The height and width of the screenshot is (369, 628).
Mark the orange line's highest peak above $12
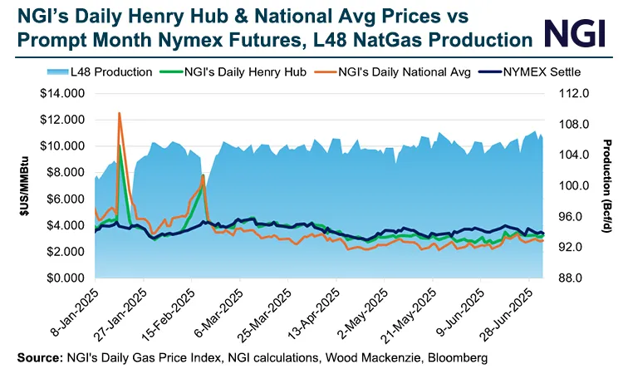tap(120, 113)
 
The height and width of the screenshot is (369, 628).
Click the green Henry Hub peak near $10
tap(121, 146)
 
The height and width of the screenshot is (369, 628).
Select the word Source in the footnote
tap(32, 357)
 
